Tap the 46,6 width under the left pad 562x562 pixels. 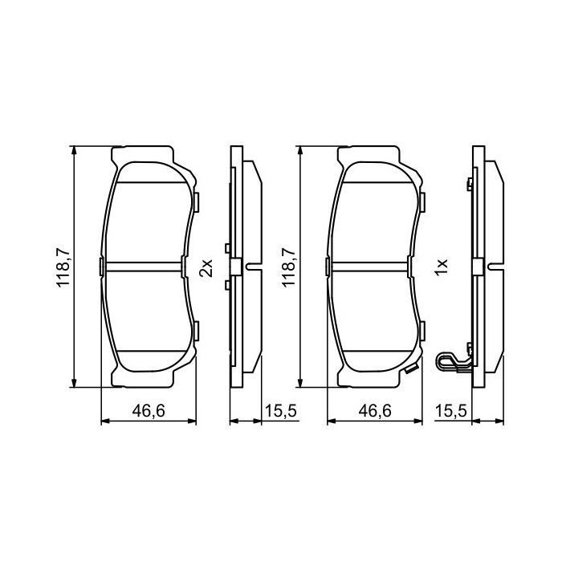(149, 411)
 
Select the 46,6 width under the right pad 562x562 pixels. (374, 411)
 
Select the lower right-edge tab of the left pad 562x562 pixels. (196, 329)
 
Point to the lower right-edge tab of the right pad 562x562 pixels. (421, 329)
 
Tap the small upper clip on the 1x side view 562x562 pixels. (467, 186)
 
